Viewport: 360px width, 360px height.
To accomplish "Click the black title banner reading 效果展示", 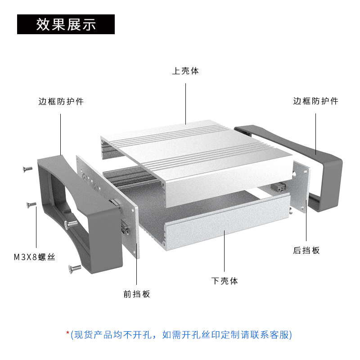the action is coord(66,24).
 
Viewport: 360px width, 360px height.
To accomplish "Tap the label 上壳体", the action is coord(185,71).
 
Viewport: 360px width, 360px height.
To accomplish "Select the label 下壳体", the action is coord(225,281).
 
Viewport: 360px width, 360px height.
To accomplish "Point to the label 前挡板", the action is coord(137,294).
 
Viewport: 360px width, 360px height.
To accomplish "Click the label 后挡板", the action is coord(306,251).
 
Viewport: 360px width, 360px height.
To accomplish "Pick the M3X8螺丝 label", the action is coord(34,258).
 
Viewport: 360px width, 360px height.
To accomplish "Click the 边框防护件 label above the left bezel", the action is coord(61,102).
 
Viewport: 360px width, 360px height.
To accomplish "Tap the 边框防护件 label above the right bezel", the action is coord(315,101).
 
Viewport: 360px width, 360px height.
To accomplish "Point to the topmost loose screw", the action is coord(27,169).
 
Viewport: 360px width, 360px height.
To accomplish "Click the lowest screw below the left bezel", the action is coord(74,269).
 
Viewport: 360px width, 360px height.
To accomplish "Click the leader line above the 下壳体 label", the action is coord(225,252).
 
